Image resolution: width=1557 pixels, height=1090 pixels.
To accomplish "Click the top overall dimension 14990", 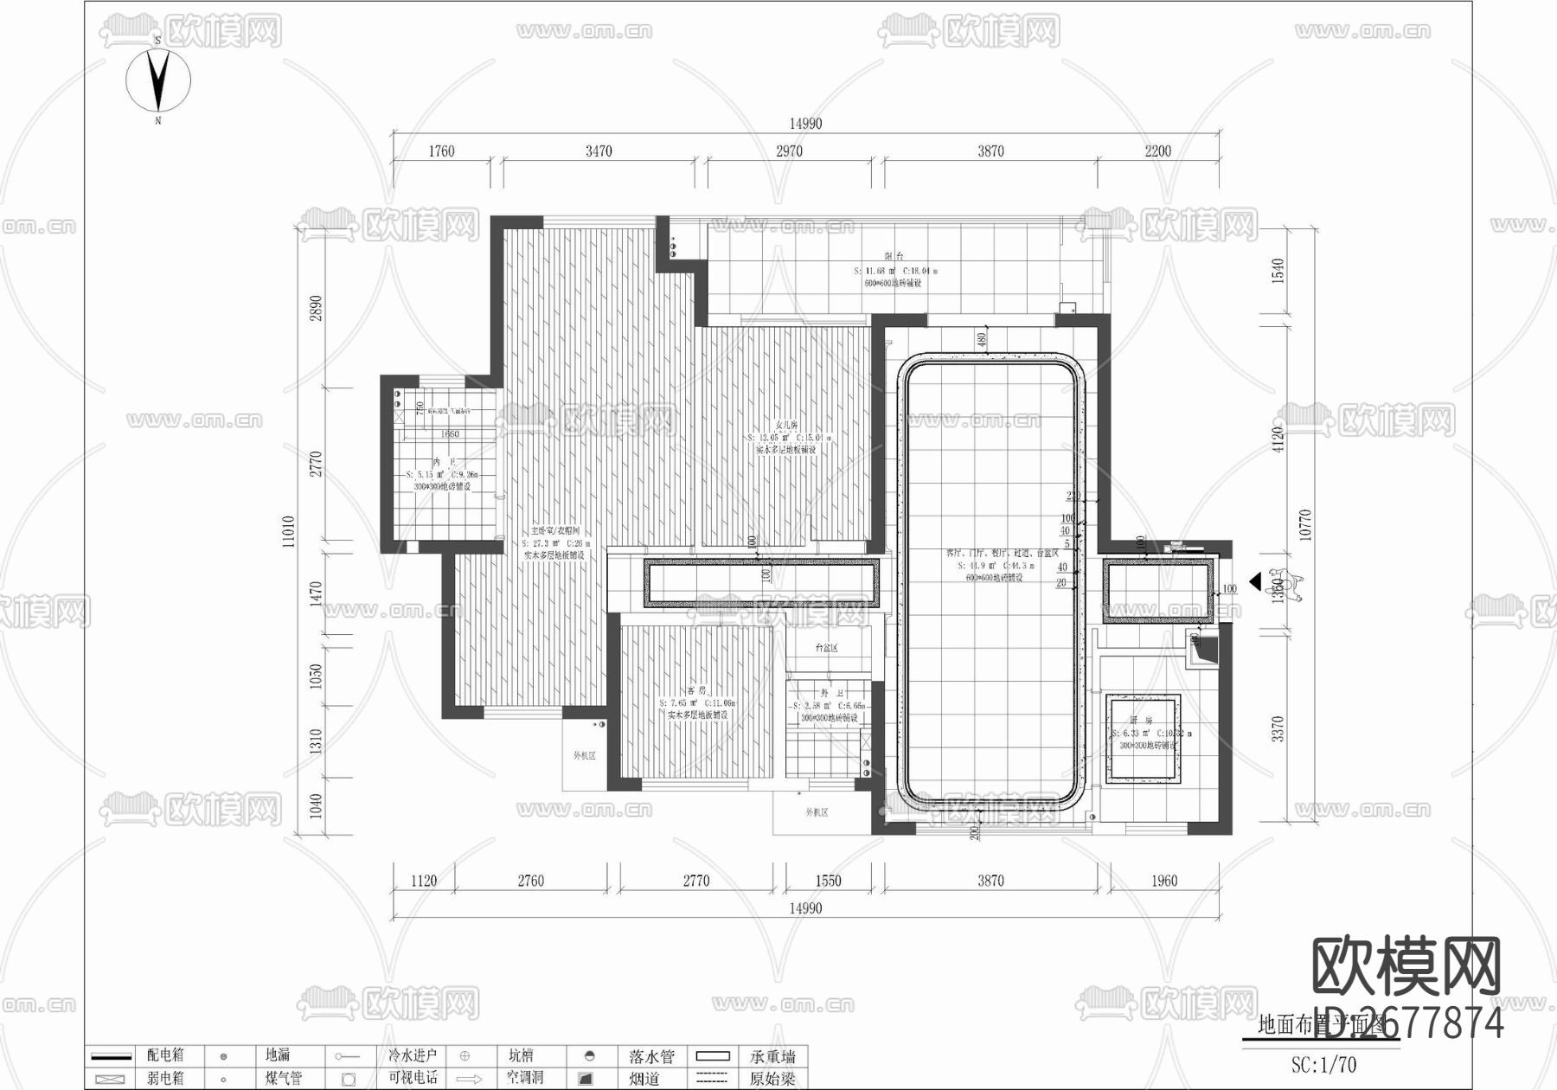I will pos(804,124).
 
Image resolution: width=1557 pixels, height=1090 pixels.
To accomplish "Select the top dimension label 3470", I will pos(599,151).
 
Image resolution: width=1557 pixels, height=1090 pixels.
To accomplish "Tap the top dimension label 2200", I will pos(1157,151).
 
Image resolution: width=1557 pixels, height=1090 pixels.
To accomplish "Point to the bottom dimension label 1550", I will pos(828,881).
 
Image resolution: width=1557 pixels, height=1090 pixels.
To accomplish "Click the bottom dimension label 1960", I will pos(1164,881).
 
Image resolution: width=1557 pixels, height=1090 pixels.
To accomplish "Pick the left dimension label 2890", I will pos(317,309).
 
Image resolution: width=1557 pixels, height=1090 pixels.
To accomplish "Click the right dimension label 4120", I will pos(1278,439).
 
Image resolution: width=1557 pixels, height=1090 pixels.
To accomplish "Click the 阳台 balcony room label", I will pos(894,257).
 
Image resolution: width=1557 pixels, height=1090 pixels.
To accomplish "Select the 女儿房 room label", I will pos(786,425).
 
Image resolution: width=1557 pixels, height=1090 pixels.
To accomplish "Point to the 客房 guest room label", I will pos(697,690).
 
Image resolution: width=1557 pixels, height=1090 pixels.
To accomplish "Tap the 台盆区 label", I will pos(827,648).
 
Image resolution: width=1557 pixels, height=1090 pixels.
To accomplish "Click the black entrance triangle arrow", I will pos(1254,581).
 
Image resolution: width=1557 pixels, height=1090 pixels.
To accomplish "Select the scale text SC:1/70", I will pos(1323,1065).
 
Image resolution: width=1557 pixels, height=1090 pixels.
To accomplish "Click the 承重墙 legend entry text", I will pos(772,1056).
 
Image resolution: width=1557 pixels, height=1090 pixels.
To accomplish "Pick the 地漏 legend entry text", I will pos(278,1055).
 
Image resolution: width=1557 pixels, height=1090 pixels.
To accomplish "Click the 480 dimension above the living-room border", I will pos(982,339).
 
